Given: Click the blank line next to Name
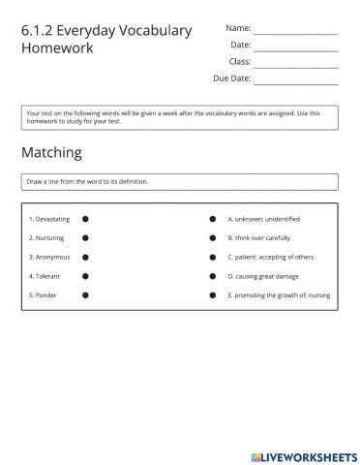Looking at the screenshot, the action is click(295, 32).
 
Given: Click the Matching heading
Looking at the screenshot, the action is click(51, 153).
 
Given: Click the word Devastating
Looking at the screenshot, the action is click(52, 220).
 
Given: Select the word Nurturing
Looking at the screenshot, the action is click(48, 238).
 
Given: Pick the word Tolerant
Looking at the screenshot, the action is click(46, 275).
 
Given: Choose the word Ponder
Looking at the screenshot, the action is click(45, 294).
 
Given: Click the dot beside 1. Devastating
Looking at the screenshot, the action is click(85, 220).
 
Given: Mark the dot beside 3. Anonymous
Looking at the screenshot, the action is click(85, 257).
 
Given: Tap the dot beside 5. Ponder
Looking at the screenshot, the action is click(85, 294).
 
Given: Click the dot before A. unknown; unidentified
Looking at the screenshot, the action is click(213, 220).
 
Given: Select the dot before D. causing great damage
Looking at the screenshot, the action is click(213, 275).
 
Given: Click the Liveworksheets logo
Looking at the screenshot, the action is click(303, 454).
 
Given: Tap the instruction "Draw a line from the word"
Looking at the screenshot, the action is click(87, 181).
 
